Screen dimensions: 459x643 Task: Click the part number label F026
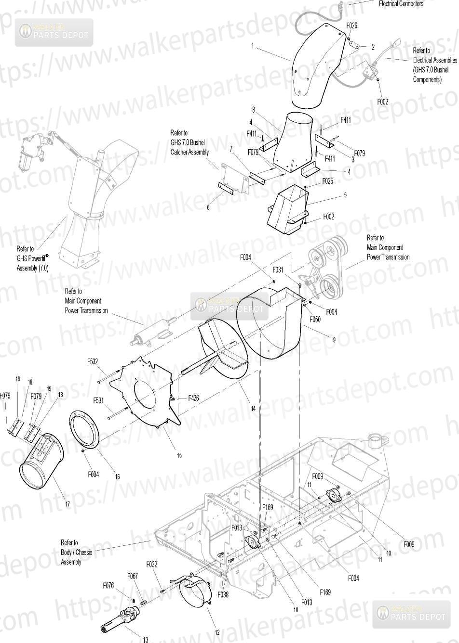click(x=352, y=26)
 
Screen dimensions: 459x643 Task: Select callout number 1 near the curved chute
click(x=252, y=46)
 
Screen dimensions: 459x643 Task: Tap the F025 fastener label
click(x=328, y=181)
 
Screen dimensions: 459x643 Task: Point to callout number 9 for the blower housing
click(x=333, y=340)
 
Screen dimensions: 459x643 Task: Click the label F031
click(x=278, y=270)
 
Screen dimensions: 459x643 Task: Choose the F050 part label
click(x=315, y=319)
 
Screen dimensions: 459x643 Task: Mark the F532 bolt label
click(x=93, y=361)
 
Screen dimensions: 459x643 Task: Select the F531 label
click(x=99, y=400)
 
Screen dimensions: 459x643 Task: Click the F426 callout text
click(x=193, y=398)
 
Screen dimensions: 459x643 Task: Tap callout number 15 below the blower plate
click(x=179, y=455)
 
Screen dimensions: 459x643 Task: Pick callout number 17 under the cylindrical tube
click(x=67, y=504)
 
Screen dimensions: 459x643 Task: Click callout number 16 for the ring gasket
click(x=117, y=476)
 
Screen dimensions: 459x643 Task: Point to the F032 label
click(x=152, y=564)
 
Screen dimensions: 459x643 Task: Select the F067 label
click(x=133, y=576)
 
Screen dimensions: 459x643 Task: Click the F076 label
click(x=108, y=585)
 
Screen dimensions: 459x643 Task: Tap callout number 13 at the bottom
click(x=145, y=640)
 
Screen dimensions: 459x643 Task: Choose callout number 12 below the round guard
click(x=217, y=632)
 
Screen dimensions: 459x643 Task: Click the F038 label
click(x=223, y=594)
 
